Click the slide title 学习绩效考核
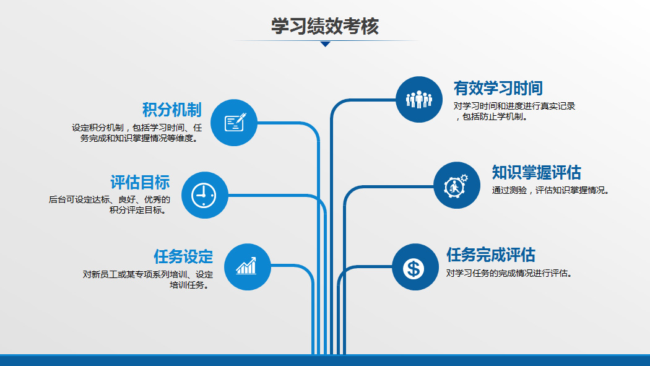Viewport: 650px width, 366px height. [325, 26]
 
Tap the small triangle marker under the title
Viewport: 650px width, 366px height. [326, 44]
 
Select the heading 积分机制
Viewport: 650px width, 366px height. [172, 110]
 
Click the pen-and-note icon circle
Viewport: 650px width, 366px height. [234, 123]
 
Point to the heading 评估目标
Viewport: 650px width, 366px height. [140, 182]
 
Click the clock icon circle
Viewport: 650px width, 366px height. [205, 195]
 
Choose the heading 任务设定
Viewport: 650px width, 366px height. [183, 256]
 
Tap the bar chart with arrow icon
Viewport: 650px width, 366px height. [246, 266]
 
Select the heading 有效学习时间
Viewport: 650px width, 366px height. [498, 89]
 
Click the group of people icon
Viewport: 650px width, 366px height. [418, 100]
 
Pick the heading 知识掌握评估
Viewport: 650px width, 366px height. [537, 172]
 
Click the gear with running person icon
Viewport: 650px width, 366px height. [456, 186]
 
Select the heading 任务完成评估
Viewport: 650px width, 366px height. [491, 255]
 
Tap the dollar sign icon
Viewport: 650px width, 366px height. [414, 268]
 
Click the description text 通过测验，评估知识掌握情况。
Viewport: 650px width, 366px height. [551, 190]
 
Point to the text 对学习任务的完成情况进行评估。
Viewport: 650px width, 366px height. [510, 273]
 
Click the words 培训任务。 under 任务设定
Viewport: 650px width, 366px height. [190, 285]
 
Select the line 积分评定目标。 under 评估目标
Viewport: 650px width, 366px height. [139, 210]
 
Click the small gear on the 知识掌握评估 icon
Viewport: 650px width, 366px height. [464, 178]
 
